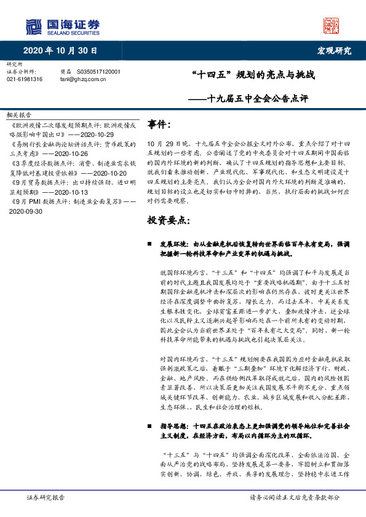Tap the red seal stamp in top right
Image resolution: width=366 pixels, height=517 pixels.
tap(331, 25)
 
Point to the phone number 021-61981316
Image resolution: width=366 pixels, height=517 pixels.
tap(25, 79)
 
